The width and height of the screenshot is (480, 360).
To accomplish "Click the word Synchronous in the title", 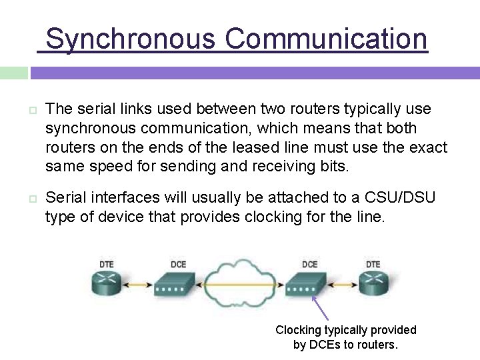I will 130,39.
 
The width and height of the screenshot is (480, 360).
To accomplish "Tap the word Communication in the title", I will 326,39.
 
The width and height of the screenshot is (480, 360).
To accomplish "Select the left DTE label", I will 107,265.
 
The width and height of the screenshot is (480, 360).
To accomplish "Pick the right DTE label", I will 373,265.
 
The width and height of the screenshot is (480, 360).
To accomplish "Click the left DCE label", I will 178,265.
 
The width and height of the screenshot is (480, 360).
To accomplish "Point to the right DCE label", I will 309,265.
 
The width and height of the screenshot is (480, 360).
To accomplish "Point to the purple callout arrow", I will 321,308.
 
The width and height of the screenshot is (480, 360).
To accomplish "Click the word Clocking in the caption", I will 299,330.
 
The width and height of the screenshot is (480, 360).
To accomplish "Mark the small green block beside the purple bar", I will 14,73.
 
